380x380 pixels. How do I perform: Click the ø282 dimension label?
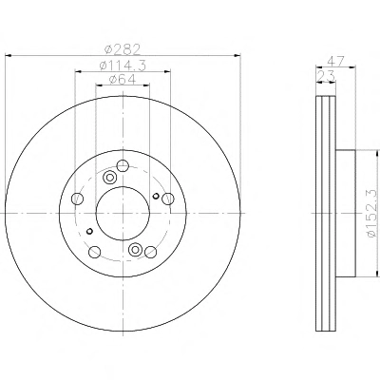click(123, 49)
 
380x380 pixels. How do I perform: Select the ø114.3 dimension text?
click(123, 66)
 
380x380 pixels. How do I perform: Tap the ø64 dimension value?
click(123, 79)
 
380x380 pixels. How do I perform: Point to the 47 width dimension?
click(335, 61)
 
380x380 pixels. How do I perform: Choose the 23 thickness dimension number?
click(326, 76)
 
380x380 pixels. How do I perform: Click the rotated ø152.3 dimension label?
click(372, 213)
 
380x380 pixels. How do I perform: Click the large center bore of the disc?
click(123, 213)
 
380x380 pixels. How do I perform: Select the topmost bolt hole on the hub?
click(123, 165)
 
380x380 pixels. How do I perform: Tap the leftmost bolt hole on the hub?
click(78, 199)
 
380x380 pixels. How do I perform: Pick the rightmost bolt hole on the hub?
click(168, 199)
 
